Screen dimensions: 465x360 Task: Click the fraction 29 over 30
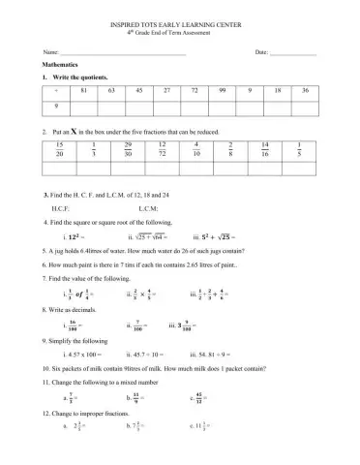pos(128,147)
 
